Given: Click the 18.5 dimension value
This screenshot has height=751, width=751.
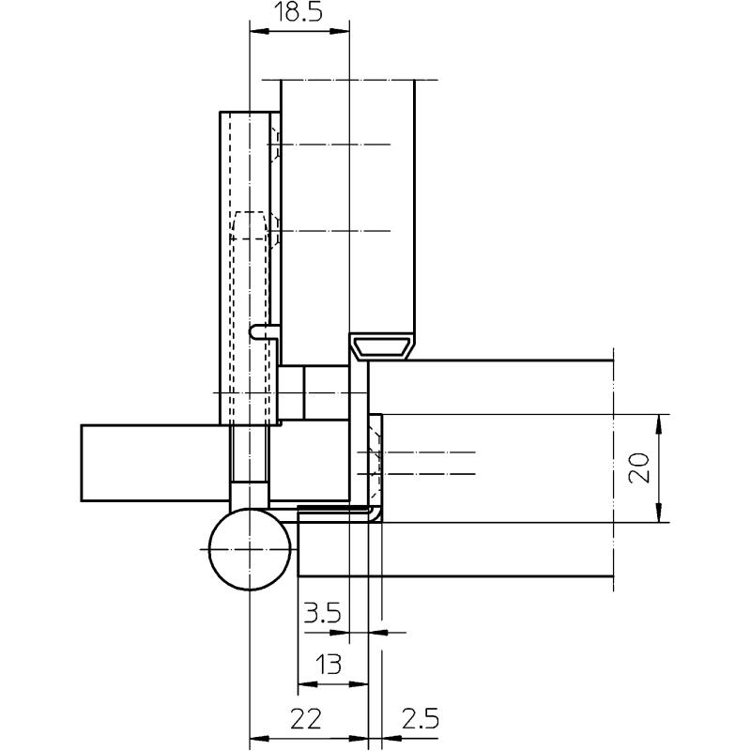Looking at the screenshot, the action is (298, 12).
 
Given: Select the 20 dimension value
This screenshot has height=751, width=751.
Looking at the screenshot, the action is (639, 467).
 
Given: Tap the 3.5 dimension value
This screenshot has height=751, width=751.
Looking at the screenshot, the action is (322, 613).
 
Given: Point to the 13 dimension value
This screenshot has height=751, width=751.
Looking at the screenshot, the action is (329, 665).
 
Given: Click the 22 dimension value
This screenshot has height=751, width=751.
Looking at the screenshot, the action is (306, 719).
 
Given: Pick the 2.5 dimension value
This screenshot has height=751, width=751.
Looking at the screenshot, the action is (420, 719).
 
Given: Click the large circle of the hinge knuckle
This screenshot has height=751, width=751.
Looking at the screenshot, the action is (250, 549).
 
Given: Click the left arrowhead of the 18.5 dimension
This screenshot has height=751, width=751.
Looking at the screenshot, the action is (259, 32).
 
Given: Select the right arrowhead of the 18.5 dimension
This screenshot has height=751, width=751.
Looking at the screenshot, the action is (340, 32).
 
